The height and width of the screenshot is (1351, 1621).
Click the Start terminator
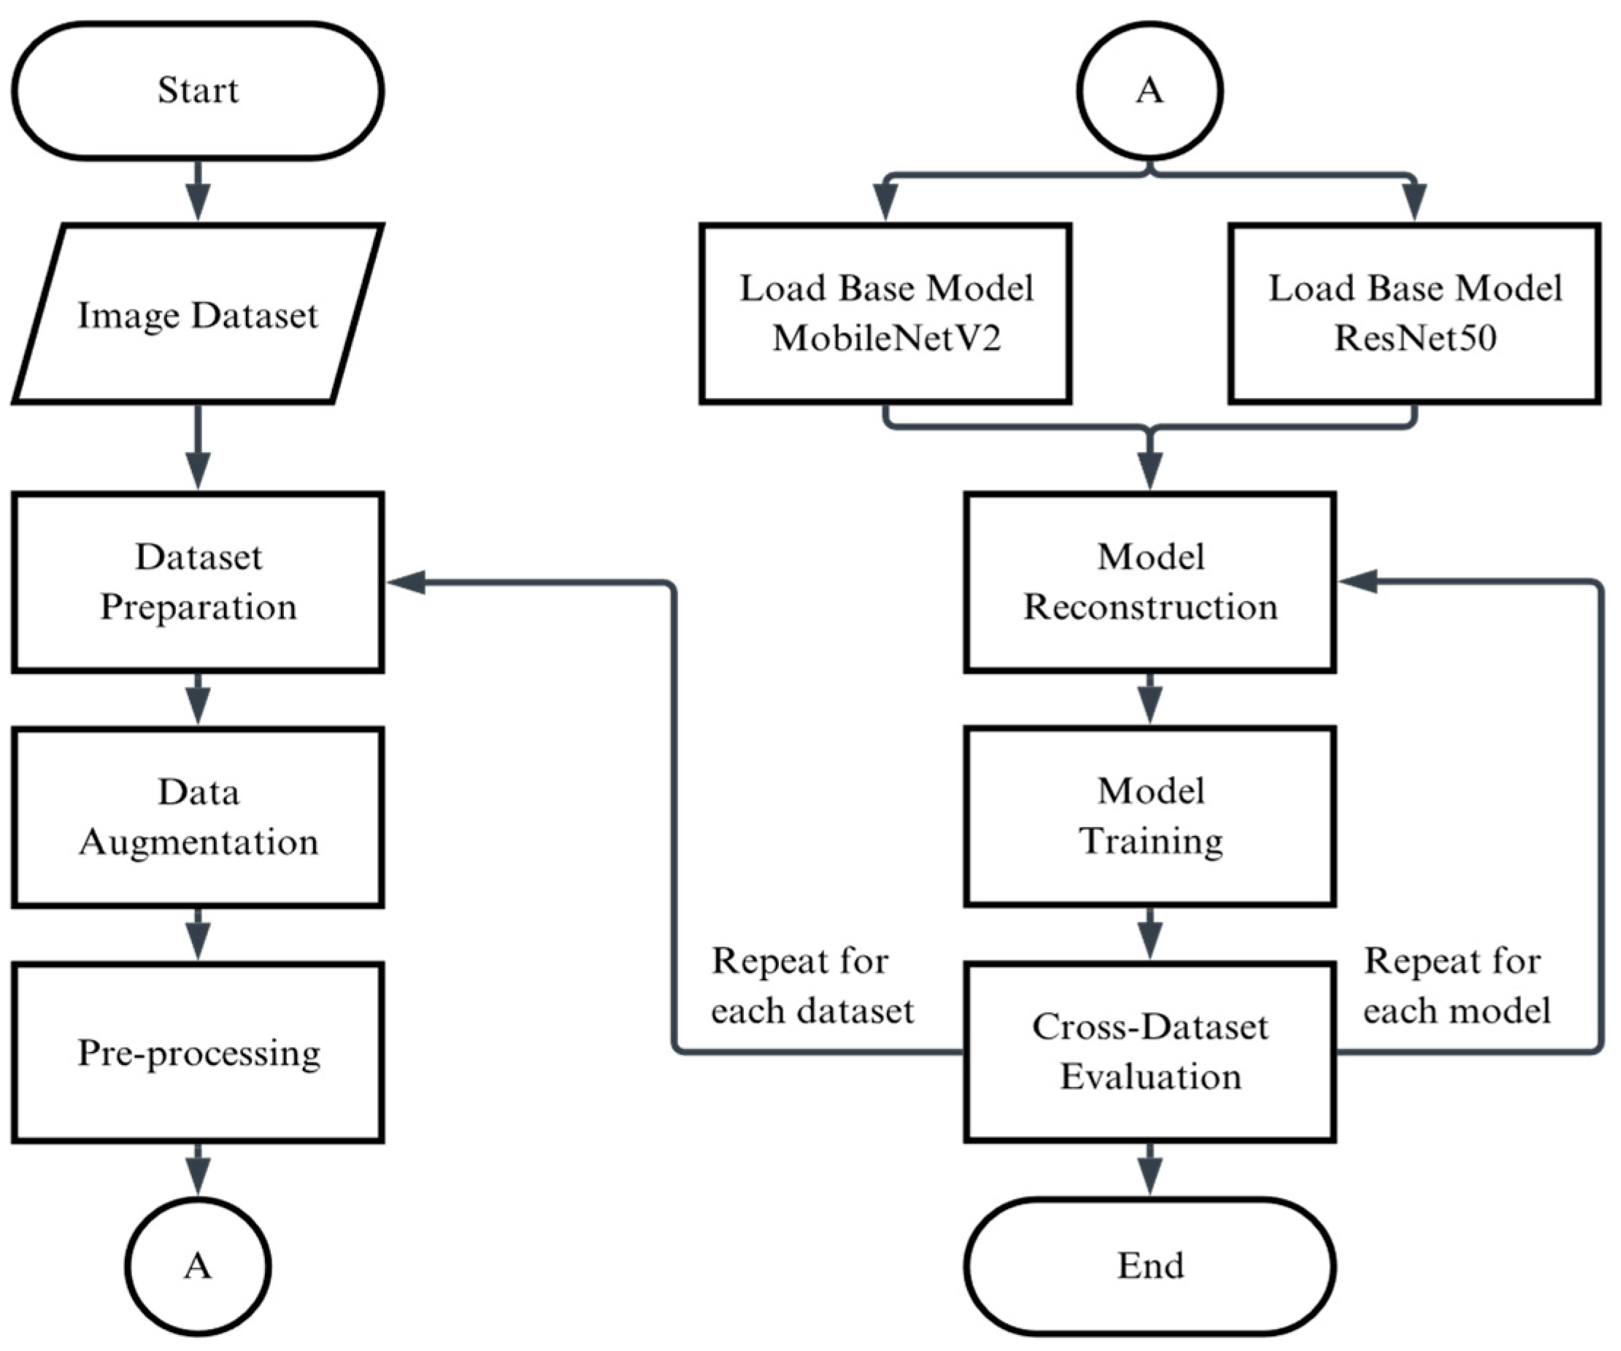pyautogui.click(x=198, y=91)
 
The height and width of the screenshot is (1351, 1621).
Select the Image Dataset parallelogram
pyautogui.click(x=198, y=314)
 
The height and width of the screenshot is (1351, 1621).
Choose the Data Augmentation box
pyautogui.click(x=198, y=817)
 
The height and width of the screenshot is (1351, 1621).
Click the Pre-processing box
pyautogui.click(x=198, y=1053)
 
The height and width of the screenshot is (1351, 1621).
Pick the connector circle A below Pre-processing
pyautogui.click(x=198, y=1266)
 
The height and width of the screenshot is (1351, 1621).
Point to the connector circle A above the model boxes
pyautogui.click(x=1150, y=91)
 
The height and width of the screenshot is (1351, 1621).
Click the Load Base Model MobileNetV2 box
pyautogui.click(x=885, y=314)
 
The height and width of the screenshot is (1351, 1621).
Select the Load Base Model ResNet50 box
pyautogui.click(x=1415, y=314)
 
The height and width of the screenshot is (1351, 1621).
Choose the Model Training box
pyautogui.click(x=1150, y=816)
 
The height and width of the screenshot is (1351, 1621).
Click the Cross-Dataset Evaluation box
pyautogui.click(x=1150, y=1052)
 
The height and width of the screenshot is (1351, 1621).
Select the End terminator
pyautogui.click(x=1150, y=1266)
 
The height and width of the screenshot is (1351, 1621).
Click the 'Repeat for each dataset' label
pyautogui.click(x=812, y=986)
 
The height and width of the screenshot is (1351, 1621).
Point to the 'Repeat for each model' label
pyautogui.click(x=1457, y=986)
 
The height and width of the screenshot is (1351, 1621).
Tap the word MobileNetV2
pyautogui.click(x=887, y=338)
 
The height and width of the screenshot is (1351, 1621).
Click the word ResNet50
pyautogui.click(x=1415, y=338)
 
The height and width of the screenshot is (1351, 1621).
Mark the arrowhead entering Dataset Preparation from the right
pyautogui.click(x=406, y=583)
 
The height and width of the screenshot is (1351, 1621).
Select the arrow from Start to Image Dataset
pyautogui.click(x=199, y=190)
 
